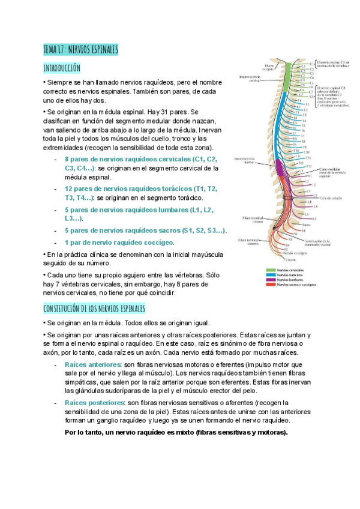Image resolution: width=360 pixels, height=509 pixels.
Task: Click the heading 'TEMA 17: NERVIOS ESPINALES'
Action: click(81, 49)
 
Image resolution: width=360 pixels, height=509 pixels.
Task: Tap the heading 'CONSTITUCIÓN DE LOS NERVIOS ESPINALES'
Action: click(94, 309)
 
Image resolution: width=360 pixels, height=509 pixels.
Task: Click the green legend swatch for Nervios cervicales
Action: click(270, 270)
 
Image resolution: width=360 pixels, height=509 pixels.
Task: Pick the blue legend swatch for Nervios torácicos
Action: click(270, 275)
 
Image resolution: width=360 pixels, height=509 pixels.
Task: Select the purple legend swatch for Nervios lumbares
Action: click(270, 280)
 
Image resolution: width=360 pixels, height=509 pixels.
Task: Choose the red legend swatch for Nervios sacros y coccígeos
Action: click(270, 285)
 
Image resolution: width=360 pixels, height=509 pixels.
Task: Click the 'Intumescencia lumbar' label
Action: click(245, 160)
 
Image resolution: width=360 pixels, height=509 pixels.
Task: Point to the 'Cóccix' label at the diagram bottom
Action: click(290, 260)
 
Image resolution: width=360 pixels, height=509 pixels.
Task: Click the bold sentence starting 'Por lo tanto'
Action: click(176, 432)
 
